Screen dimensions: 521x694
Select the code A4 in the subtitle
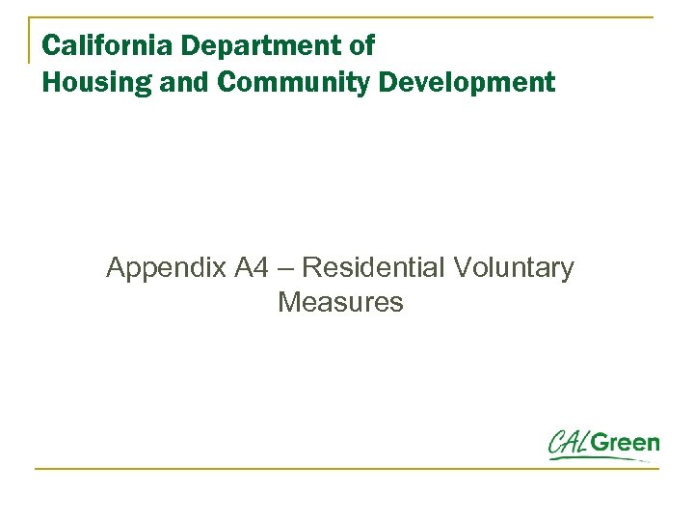point(248,268)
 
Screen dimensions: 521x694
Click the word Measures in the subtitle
point(340,303)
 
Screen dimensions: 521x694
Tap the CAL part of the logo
point(571,443)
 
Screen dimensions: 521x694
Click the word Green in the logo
point(627,444)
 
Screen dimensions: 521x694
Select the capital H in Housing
point(51,83)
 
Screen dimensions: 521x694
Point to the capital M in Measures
point(288,303)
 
